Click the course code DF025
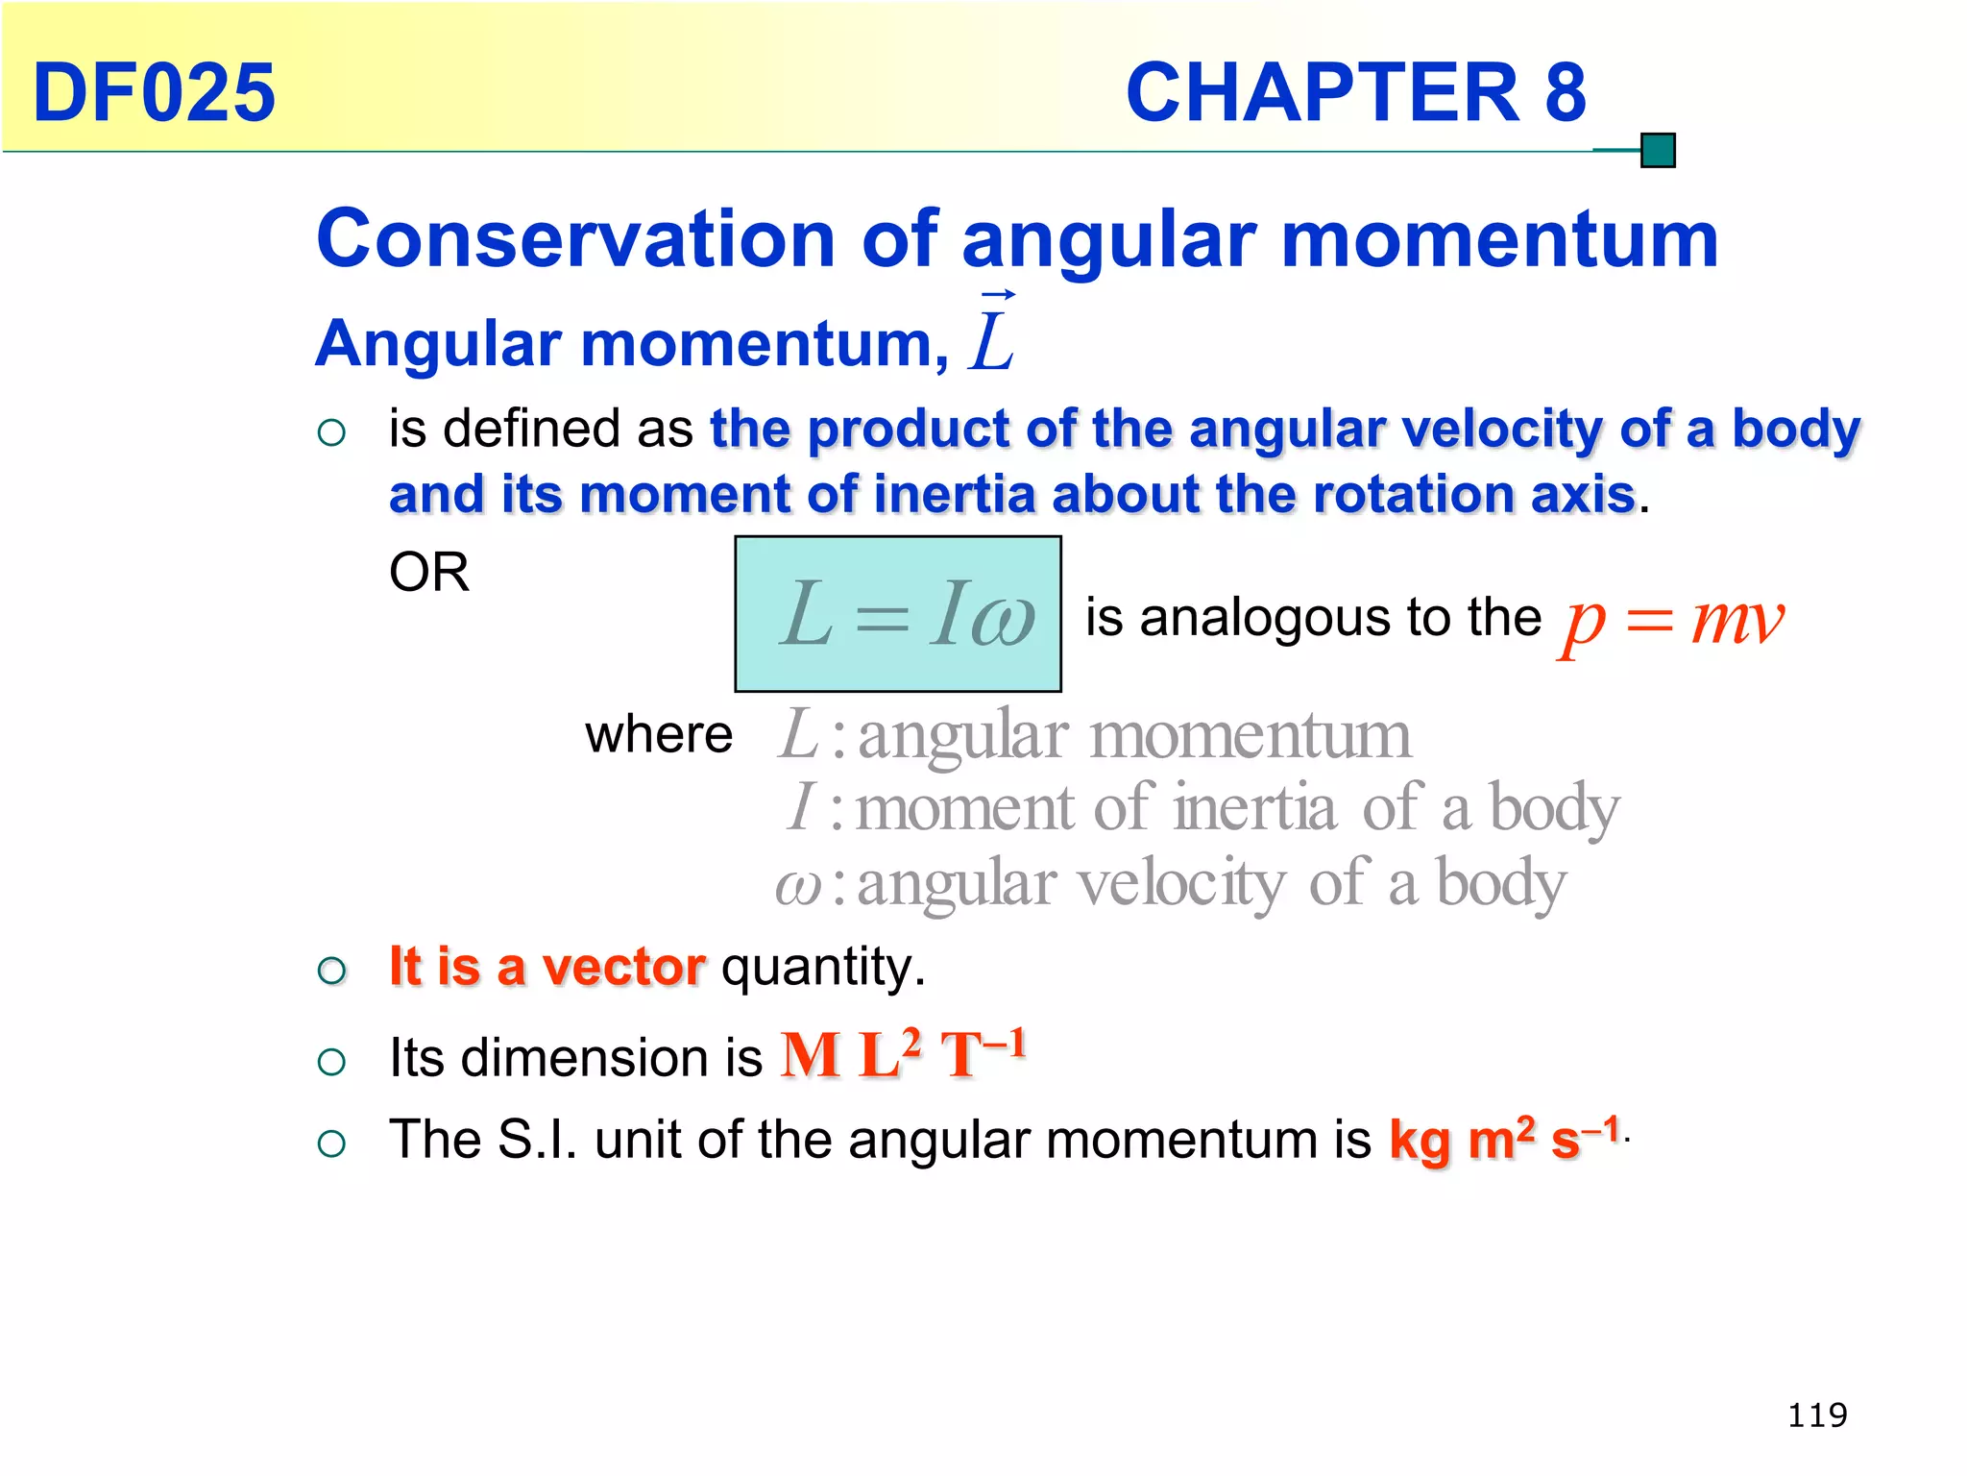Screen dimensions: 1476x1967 coord(154,92)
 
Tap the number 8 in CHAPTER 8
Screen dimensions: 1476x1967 coord(1565,92)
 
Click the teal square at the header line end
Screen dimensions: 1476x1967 coord(1658,151)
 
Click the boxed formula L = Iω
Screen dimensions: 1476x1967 coord(898,614)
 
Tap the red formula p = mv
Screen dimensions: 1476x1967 coord(1672,620)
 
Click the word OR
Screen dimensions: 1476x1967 coord(428,572)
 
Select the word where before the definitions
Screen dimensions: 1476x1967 coord(659,735)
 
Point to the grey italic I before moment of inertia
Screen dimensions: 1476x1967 coord(801,807)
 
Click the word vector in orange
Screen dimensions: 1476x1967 coord(623,966)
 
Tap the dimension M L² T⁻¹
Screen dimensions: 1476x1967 coord(903,1054)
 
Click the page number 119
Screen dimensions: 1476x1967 coord(1817,1414)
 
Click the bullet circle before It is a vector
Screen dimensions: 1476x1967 coord(331,971)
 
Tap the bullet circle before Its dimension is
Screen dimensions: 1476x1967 coord(331,1062)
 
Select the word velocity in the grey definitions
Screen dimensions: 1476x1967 coord(1180,883)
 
